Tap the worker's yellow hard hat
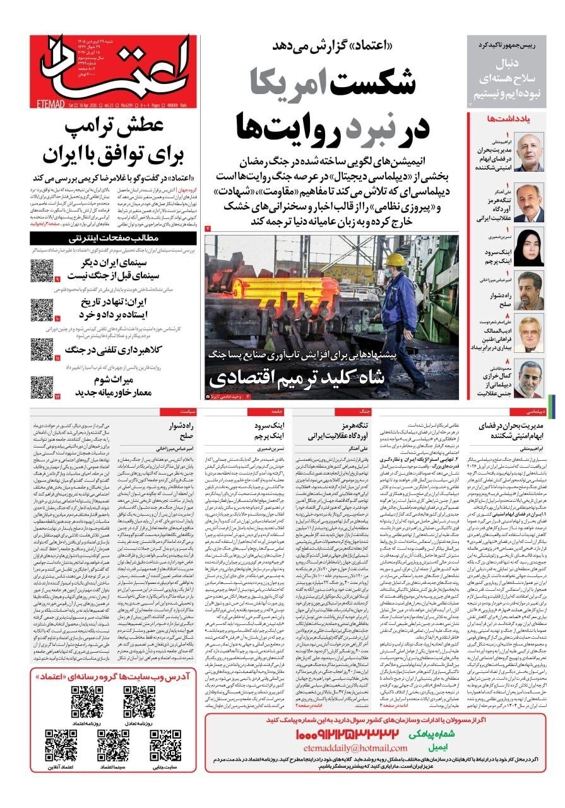[x=395, y=260]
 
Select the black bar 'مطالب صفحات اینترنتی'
[x=115, y=238]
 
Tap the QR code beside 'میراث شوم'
[x=42, y=386]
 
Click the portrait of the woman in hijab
[x=529, y=247]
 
